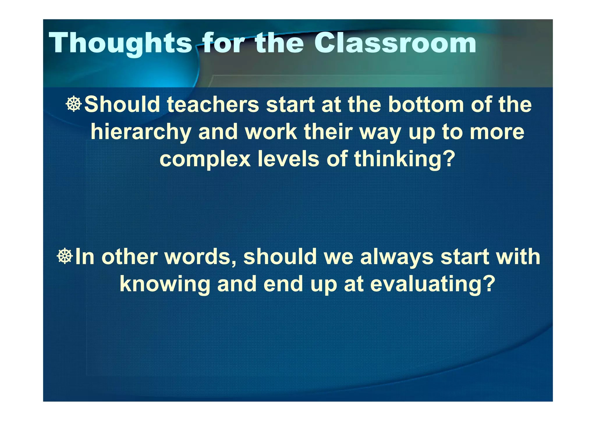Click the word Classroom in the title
[395, 43]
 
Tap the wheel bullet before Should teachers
[74, 104]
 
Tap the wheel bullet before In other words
[65, 257]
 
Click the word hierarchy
[141, 132]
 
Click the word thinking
[398, 160]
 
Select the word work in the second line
[271, 132]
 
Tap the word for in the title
[223, 43]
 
